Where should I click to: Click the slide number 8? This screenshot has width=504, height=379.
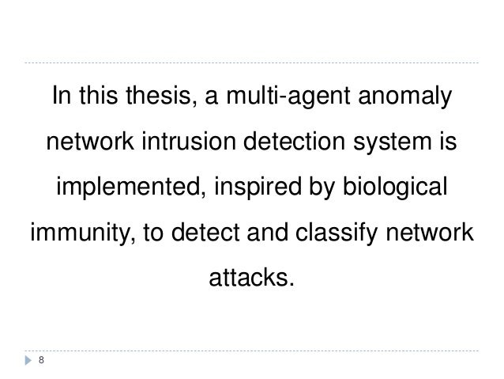[41, 361]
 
